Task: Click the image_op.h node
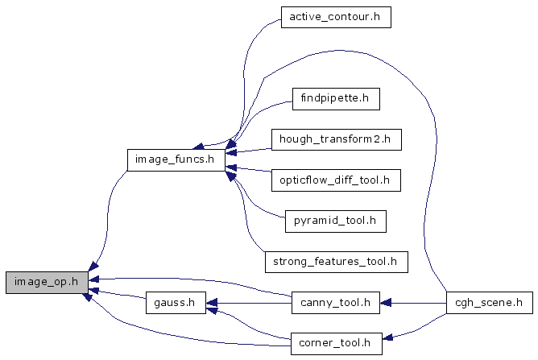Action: point(46,282)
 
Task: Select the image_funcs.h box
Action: point(175,159)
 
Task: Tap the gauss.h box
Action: point(174,304)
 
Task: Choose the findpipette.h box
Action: point(335,99)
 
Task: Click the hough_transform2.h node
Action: point(335,139)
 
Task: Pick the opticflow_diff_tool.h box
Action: point(335,180)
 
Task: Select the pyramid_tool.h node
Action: point(335,220)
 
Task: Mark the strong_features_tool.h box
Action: point(336,261)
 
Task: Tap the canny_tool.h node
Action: point(335,304)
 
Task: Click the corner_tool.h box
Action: point(335,343)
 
